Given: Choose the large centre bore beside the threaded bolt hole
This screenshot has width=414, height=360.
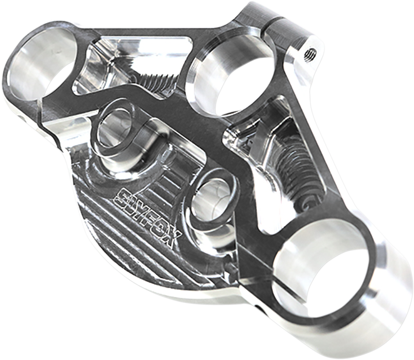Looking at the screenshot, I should (x=233, y=81).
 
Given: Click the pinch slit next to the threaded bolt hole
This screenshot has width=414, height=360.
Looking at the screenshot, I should (x=274, y=31).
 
